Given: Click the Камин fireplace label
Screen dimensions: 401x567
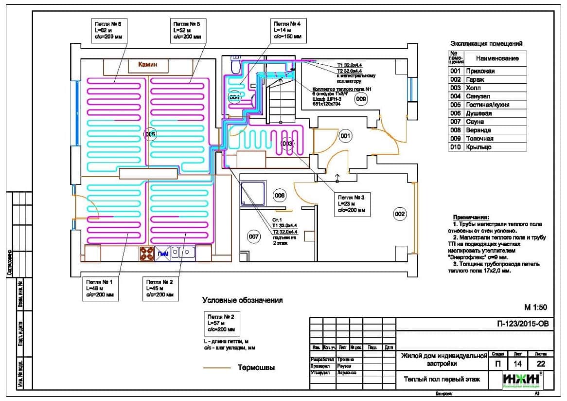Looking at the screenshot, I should point(147,64).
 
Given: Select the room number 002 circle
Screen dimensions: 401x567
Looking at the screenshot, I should point(400,213).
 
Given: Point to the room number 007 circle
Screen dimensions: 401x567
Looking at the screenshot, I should point(253,237).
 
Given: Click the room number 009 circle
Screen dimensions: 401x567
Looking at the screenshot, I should point(360,99).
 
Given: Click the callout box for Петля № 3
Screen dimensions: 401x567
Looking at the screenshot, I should point(352,204).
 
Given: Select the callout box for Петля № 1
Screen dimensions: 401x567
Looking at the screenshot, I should point(99,288).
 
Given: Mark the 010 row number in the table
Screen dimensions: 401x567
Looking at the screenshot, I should point(455,147).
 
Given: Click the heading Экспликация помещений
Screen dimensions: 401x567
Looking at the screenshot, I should point(486,43).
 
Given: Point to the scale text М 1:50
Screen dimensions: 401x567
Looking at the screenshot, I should point(535,307).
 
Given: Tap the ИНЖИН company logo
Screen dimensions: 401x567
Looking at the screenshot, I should point(523,380).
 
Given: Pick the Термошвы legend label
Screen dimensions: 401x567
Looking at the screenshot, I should point(256,367).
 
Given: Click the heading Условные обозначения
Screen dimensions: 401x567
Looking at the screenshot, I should point(242,300).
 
